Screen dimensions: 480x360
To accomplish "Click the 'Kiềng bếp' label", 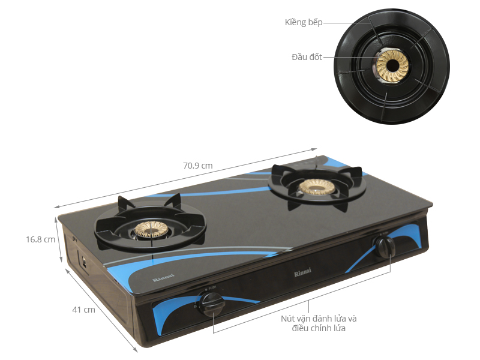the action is (x=304, y=22).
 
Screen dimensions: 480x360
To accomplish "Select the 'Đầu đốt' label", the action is (x=307, y=57).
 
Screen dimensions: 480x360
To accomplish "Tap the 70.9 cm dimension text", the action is (x=198, y=166).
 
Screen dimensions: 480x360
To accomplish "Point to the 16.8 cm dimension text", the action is (x=40, y=239).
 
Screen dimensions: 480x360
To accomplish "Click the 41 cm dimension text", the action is (x=83, y=310).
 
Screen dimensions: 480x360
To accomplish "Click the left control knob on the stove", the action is (x=211, y=304).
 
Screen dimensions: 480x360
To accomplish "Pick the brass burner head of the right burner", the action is (x=317, y=186).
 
